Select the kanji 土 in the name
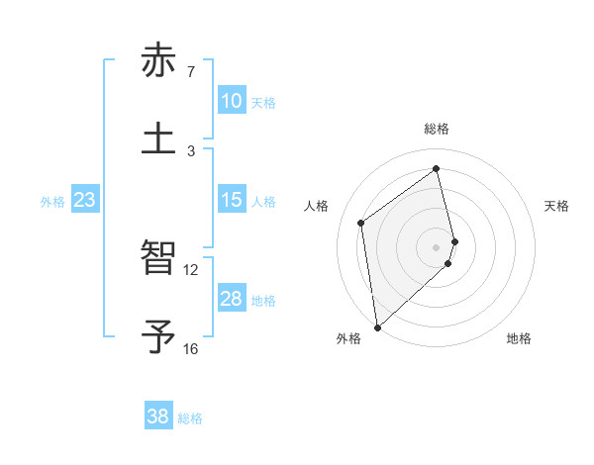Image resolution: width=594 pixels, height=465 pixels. (158, 138)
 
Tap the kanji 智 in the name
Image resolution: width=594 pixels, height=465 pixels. (158, 259)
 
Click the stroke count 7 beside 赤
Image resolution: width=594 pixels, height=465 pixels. (191, 72)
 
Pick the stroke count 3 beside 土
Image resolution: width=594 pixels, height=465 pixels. (191, 150)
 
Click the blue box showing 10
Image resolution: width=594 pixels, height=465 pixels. (232, 101)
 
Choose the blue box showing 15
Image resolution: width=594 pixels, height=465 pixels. (232, 200)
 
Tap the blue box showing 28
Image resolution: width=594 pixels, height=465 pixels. (232, 299)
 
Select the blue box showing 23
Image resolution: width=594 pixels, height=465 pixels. (85, 200)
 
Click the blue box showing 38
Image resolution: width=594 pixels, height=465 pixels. (158, 417)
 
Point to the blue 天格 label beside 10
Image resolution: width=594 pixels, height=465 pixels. (263, 103)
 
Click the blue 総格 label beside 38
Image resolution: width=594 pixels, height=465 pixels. (190, 418)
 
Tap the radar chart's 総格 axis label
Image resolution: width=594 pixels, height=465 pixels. (437, 129)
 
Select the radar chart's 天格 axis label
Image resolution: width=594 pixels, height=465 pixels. (557, 206)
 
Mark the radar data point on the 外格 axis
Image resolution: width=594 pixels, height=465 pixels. (376, 326)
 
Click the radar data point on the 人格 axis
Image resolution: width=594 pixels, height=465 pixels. (361, 223)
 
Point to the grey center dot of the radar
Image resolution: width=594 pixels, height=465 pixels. (437, 246)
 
